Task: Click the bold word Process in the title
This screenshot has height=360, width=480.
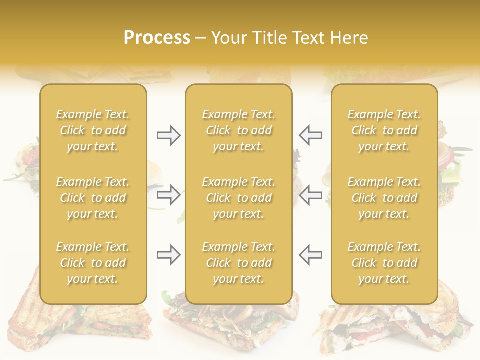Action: (157, 38)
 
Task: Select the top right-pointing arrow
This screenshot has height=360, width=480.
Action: (168, 135)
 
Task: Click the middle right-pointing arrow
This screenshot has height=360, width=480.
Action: (168, 195)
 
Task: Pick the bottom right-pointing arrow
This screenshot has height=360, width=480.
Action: (168, 254)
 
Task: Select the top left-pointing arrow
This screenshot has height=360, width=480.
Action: (310, 135)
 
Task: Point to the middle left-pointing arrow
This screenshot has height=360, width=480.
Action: (310, 195)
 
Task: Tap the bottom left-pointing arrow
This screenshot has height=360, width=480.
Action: (310, 254)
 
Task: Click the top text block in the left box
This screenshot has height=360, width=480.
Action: (93, 130)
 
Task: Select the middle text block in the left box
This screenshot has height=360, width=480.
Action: (93, 198)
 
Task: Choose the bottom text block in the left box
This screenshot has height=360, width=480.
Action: (93, 263)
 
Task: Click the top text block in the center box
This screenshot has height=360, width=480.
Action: (238, 130)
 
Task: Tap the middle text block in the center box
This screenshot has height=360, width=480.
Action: (238, 198)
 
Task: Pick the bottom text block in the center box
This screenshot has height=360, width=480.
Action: (238, 263)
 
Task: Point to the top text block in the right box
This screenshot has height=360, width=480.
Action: (384, 130)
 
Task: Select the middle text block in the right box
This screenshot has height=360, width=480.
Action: (384, 198)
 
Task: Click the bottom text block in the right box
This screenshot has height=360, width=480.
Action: (384, 263)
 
